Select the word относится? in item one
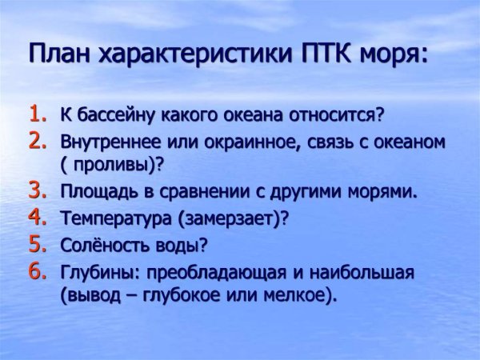[x=338, y=115]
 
